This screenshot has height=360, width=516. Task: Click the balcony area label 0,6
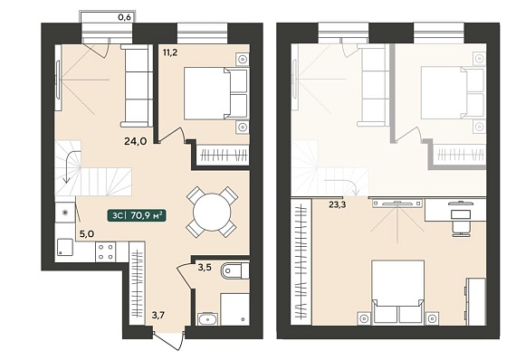[x=124, y=17]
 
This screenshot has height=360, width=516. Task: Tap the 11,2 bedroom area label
[x=170, y=52]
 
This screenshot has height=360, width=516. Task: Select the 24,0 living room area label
[x=135, y=141]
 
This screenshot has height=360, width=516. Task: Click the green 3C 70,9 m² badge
[x=136, y=215]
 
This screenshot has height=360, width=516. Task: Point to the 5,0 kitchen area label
[x=87, y=233]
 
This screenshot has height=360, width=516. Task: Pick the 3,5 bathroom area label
[x=204, y=268]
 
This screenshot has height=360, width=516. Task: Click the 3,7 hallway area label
[x=158, y=316]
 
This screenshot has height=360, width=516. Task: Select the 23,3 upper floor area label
[x=337, y=204]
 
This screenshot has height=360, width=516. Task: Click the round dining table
[x=212, y=212]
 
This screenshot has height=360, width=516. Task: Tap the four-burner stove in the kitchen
[x=105, y=251]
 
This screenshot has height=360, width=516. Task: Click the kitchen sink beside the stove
[x=65, y=247]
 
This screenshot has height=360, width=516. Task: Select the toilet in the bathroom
[x=235, y=270]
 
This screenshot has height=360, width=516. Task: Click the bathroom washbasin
[x=207, y=319]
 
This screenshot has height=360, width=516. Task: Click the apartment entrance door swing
[x=168, y=339]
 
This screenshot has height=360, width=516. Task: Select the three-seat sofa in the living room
[x=137, y=86]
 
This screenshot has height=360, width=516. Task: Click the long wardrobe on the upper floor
[x=301, y=261]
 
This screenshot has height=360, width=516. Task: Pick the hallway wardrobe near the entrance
[x=137, y=283]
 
